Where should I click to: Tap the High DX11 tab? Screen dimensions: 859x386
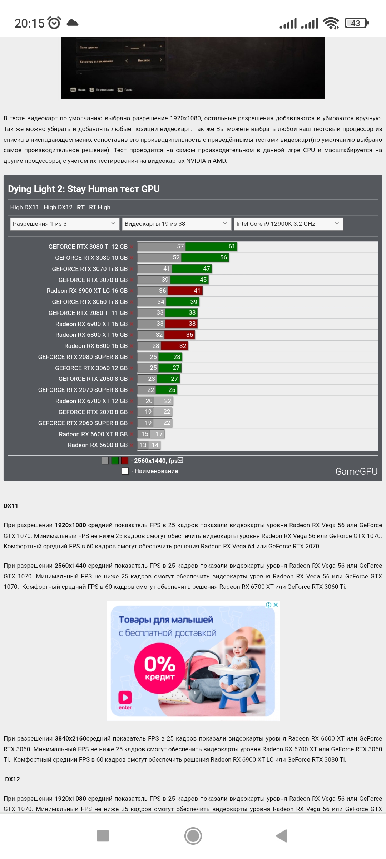click(24, 207)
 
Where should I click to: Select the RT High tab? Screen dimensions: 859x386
click(99, 207)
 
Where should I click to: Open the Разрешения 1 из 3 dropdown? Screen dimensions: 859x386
click(64, 224)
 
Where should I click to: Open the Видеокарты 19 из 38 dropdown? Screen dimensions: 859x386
click(176, 224)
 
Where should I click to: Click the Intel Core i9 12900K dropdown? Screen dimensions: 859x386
click(288, 224)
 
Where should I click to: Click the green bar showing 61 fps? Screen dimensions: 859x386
click(211, 247)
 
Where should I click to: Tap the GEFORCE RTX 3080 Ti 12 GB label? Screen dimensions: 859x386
click(88, 247)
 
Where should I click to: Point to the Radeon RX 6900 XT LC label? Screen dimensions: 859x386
click(87, 291)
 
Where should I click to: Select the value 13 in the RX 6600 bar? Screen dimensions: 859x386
click(143, 445)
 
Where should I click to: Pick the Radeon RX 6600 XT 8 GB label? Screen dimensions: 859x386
click(93, 434)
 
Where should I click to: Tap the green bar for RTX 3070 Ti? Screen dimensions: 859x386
click(192, 269)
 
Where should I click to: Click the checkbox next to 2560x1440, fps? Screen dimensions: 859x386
click(180, 460)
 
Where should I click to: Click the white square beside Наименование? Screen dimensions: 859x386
click(125, 471)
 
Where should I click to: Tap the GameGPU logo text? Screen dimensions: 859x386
click(356, 471)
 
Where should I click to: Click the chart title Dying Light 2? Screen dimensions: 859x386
click(84, 189)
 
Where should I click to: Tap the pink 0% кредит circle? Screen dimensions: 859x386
click(160, 668)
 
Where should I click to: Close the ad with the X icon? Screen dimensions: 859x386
click(276, 605)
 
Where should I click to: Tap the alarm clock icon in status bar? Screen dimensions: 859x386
click(54, 23)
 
